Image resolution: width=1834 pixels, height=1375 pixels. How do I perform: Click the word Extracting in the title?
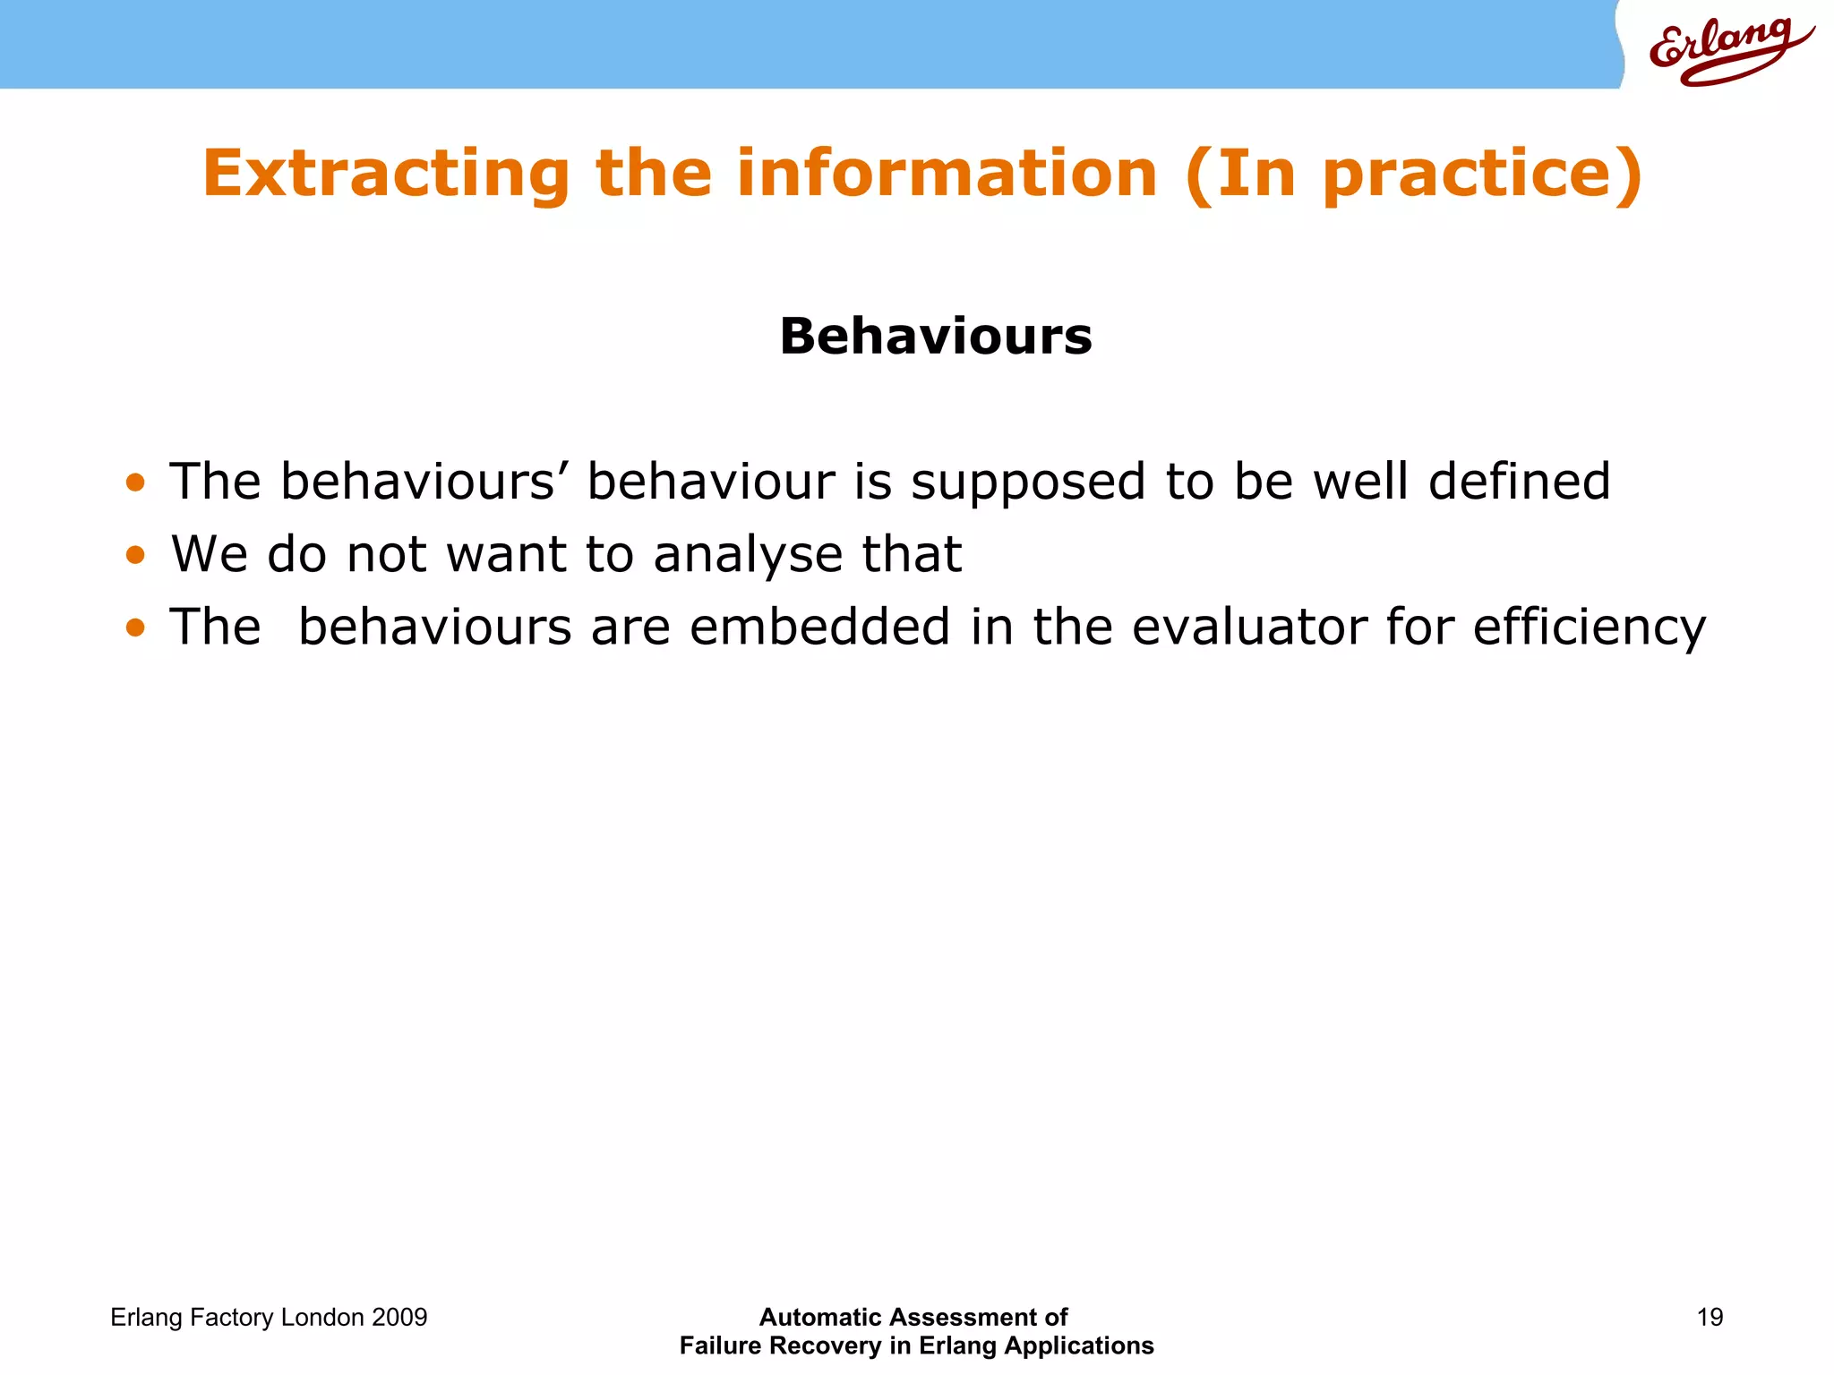pyautogui.click(x=385, y=174)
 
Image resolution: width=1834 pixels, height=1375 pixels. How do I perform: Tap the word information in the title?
pyautogui.click(x=947, y=174)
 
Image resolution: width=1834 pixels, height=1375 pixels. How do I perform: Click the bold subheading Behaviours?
pyautogui.click(x=936, y=337)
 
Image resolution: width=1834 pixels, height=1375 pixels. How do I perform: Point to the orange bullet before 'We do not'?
pyautogui.click(x=135, y=556)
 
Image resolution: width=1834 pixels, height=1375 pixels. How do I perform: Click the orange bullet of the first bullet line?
pyautogui.click(x=135, y=483)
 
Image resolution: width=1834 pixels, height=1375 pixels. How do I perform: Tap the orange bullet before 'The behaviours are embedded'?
pyautogui.click(x=135, y=628)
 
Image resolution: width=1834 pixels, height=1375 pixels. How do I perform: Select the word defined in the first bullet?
pyautogui.click(x=1519, y=482)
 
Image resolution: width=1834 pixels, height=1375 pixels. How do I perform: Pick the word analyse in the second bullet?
pyautogui.click(x=748, y=555)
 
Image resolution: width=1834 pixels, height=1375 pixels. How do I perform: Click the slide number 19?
pyautogui.click(x=1710, y=1317)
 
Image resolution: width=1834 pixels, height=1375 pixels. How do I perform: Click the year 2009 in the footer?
pyautogui.click(x=399, y=1318)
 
